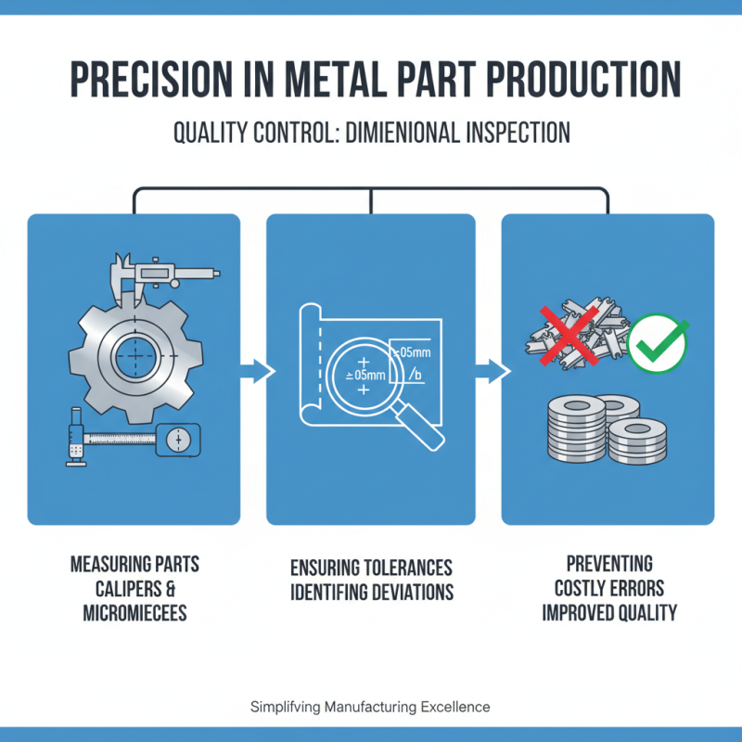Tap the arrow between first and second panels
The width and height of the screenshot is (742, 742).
click(254, 372)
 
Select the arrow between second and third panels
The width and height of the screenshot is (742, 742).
click(489, 372)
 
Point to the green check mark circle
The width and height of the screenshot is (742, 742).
click(658, 343)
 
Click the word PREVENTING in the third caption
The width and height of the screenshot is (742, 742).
click(609, 563)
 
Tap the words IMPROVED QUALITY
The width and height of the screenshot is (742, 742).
click(609, 613)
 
